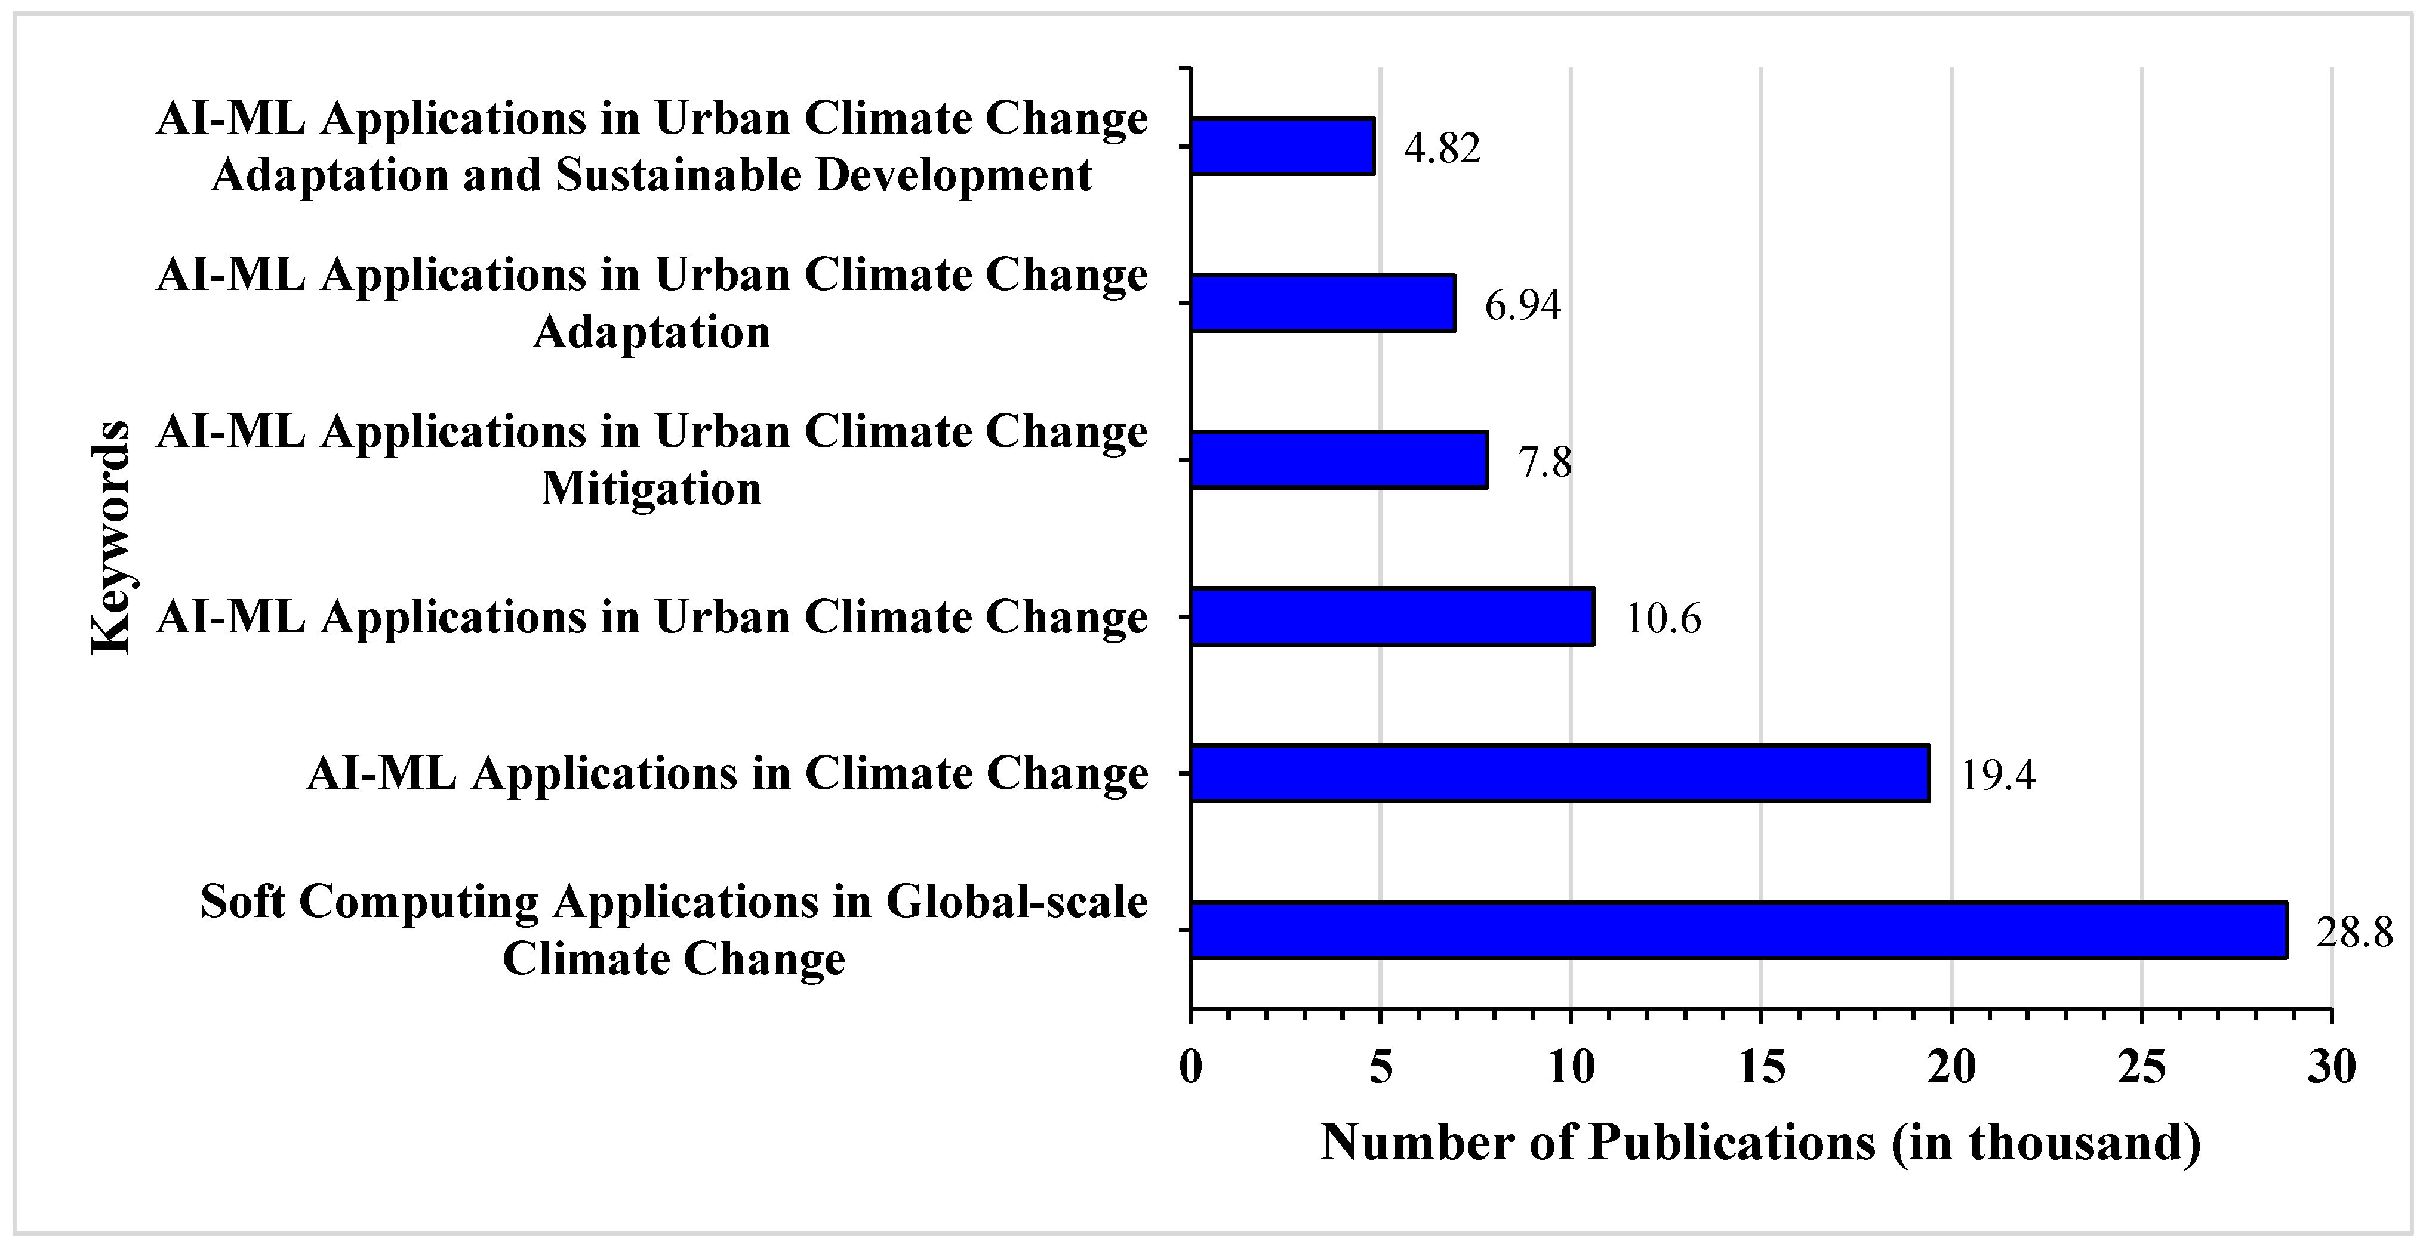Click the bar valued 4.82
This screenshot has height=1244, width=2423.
(1282, 147)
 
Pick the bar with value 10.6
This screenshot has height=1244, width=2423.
(1392, 617)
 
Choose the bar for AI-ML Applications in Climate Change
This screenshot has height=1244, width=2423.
(1560, 773)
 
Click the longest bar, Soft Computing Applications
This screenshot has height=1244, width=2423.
(1738, 930)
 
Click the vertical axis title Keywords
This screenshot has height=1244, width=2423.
(111, 538)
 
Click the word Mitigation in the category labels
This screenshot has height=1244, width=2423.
(651, 489)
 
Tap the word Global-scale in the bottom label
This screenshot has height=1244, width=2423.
(1016, 902)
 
